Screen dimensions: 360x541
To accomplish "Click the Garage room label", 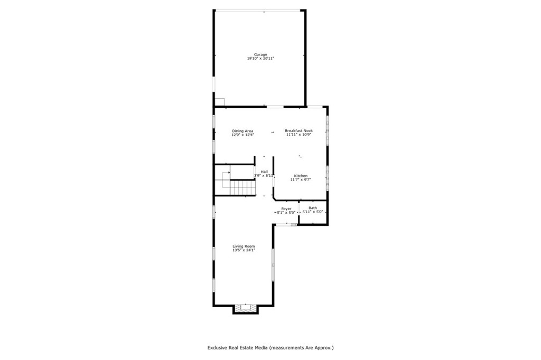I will pyautogui.click(x=260, y=54).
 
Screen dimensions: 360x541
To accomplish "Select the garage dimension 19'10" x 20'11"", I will pyautogui.click(x=260, y=59).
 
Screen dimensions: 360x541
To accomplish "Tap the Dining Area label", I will pyautogui.click(x=242, y=131).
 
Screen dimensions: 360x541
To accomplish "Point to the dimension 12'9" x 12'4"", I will pyautogui.click(x=242, y=135).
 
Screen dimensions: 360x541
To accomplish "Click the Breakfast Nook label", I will pyautogui.click(x=299, y=130).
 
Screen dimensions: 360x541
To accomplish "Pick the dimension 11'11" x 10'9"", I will pyautogui.click(x=299, y=135).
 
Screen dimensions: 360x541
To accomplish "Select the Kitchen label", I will pyautogui.click(x=301, y=176).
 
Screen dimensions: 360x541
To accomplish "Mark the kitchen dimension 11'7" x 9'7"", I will pyautogui.click(x=301, y=180).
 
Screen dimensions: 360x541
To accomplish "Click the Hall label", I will pyautogui.click(x=264, y=172).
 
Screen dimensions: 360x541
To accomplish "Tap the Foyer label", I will pyautogui.click(x=286, y=209).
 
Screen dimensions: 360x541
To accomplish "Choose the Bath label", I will pyautogui.click(x=313, y=208).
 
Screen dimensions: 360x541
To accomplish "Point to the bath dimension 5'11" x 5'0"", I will pyautogui.click(x=313, y=212).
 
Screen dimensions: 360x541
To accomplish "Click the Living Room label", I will pyautogui.click(x=244, y=246).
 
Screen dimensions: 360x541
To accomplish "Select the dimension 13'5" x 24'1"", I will pyautogui.click(x=244, y=250).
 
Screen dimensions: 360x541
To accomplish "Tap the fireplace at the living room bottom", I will pyautogui.click(x=245, y=309).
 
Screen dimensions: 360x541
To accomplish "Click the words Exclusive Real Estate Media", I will pyautogui.click(x=237, y=348).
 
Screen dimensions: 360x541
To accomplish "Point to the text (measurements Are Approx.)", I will pyautogui.click(x=301, y=348).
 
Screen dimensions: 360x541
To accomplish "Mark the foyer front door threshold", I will pyautogui.click(x=285, y=224).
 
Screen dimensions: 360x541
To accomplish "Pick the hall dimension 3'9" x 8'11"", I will pyautogui.click(x=264, y=176).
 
